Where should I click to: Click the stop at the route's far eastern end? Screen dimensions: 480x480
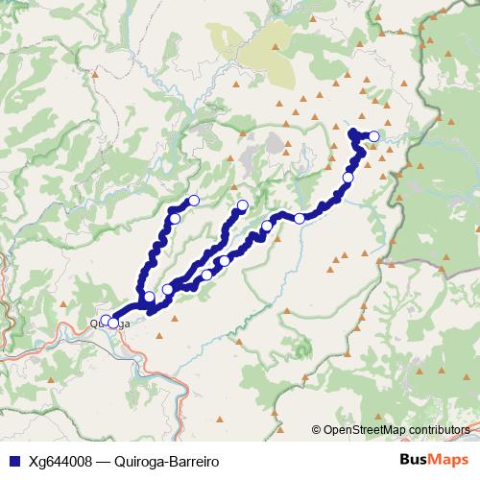point(373,136)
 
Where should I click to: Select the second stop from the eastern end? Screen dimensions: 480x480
point(348,178)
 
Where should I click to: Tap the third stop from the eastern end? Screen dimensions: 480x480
point(300,219)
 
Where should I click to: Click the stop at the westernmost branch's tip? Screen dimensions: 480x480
point(194,200)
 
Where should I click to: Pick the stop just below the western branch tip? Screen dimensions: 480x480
point(175,219)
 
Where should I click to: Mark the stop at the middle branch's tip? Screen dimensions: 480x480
point(243,204)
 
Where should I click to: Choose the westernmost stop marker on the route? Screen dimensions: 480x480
point(106,321)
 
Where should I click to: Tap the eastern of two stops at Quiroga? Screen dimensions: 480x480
point(114,324)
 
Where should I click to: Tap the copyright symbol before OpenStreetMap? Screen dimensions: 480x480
point(316,429)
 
